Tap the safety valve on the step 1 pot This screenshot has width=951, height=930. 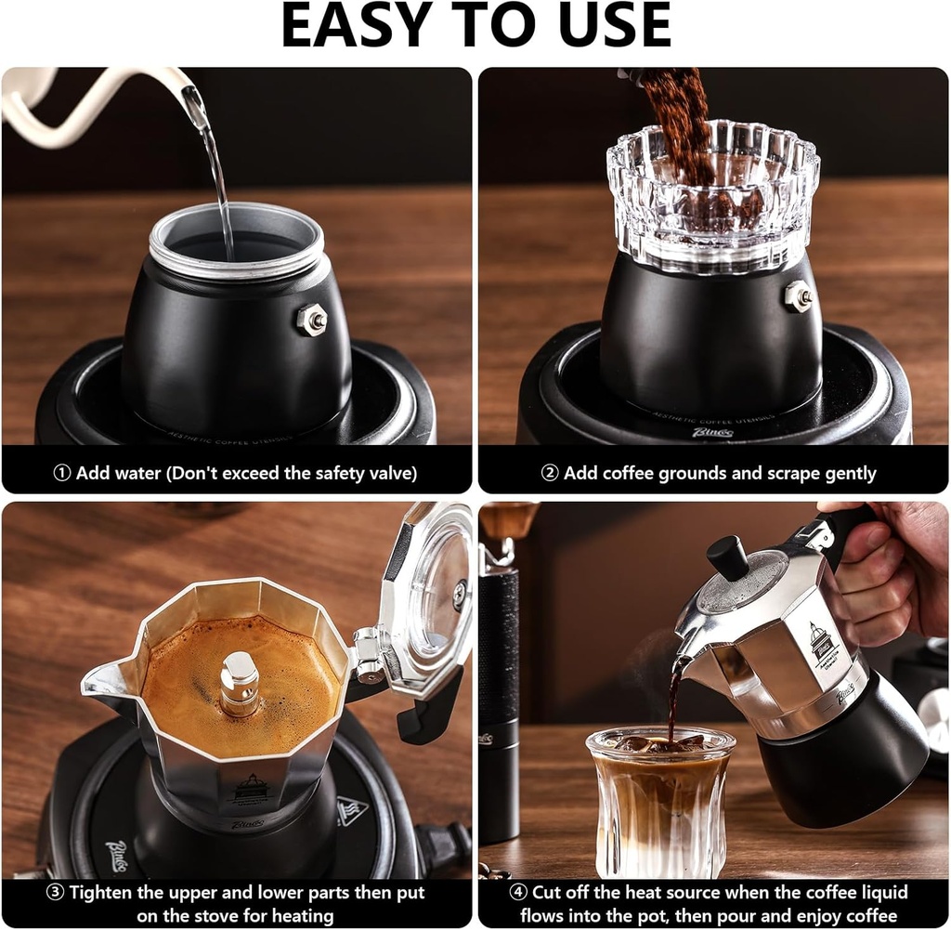coord(312,320)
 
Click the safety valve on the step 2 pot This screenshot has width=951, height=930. coord(798,296)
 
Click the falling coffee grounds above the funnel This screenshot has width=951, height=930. coord(677,111)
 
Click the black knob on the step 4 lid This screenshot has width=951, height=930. coord(727,557)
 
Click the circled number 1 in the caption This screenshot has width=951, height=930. coord(62,473)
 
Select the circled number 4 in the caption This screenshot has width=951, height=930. coord(518,893)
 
